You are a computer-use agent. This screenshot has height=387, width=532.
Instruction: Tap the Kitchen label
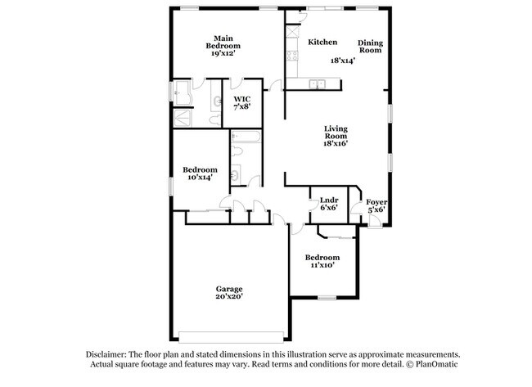tap(322, 42)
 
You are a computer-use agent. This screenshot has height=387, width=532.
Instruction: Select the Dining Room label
tap(370, 46)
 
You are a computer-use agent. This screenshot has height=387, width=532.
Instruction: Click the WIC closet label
tap(241, 99)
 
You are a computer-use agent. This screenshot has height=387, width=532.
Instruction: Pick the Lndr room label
tap(329, 199)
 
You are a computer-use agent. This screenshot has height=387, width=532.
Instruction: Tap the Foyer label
tap(376, 200)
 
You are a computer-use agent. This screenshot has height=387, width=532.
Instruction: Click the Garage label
tap(229, 288)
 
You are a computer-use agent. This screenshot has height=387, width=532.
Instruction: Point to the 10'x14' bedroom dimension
tap(200, 177)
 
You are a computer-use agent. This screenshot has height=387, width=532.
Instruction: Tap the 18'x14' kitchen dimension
tap(343, 61)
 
